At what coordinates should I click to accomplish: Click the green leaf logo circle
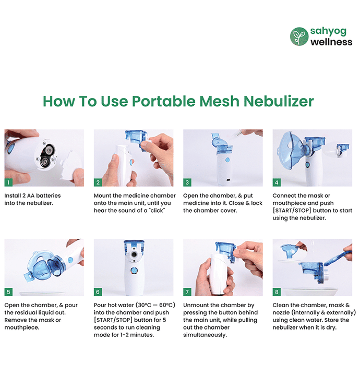click(x=299, y=36)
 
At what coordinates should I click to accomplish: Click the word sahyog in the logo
click(x=328, y=31)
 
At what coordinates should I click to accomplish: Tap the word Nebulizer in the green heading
click(x=279, y=102)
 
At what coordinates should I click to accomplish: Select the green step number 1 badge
click(x=8, y=182)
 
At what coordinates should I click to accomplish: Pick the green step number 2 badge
click(x=98, y=182)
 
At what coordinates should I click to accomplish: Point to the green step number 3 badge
click(x=187, y=182)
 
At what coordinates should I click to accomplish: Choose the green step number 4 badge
click(x=277, y=182)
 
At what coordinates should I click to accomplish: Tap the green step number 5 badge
click(x=8, y=292)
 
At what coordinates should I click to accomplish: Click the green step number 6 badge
click(x=98, y=292)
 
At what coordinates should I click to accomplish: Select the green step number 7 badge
click(x=187, y=292)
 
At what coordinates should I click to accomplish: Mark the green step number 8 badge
click(x=277, y=292)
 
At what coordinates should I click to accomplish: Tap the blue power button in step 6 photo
click(x=134, y=270)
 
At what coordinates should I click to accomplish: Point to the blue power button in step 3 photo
click(x=227, y=160)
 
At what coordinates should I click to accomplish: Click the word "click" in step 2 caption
click(x=158, y=211)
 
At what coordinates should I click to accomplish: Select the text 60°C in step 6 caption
click(x=167, y=305)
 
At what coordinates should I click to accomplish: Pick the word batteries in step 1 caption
click(x=49, y=196)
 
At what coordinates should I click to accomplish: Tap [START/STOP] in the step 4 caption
click(x=292, y=211)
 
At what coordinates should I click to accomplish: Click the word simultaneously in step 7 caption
click(x=205, y=335)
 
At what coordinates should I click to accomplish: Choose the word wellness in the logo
click(x=331, y=42)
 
